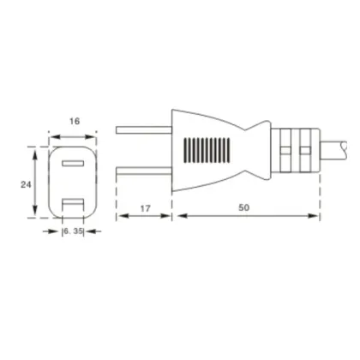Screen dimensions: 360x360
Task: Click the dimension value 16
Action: pyautogui.click(x=75, y=122)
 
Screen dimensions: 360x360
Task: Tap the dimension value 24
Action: pyautogui.click(x=26, y=185)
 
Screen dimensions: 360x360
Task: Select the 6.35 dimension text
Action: pyautogui.click(x=73, y=231)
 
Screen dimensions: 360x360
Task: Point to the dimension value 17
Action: pyautogui.click(x=145, y=208)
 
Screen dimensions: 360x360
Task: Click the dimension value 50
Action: pyautogui.click(x=243, y=207)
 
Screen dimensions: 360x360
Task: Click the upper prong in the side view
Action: pyautogui.click(x=144, y=130)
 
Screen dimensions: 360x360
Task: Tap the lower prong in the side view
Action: pyautogui.click(x=144, y=171)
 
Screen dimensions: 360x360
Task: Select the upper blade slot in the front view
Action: pyautogui.click(x=73, y=163)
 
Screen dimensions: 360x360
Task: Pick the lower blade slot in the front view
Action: pyautogui.click(x=73, y=204)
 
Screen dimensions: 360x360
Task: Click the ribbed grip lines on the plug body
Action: pyautogui.click(x=207, y=150)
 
